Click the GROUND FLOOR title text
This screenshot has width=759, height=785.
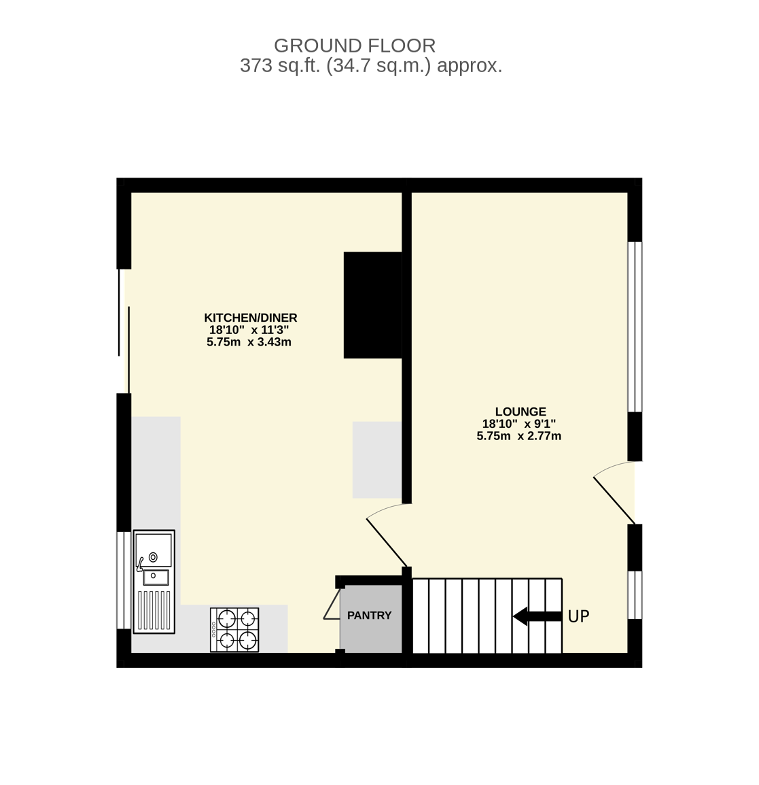pos(355,46)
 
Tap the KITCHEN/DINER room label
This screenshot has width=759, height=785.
pos(251,318)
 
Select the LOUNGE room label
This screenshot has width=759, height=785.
pos(520,412)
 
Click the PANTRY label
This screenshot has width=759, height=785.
pos(370,616)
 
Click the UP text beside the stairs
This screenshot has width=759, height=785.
pos(578,616)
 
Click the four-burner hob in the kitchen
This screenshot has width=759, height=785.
pos(234,630)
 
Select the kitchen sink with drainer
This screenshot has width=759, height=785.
pos(154,582)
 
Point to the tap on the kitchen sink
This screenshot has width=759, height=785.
pos(141,564)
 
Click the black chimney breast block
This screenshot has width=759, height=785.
pos(372,305)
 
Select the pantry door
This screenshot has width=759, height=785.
pos(332,604)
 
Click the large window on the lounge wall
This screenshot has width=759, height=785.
pos(635,327)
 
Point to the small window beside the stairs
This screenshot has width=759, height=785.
pos(635,595)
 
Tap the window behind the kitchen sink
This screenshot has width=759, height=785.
pos(124,580)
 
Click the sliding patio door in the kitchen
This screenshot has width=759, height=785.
pos(124,331)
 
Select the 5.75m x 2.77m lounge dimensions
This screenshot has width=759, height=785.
pos(519,436)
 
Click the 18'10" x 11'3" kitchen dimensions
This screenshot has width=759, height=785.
pos(249,330)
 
